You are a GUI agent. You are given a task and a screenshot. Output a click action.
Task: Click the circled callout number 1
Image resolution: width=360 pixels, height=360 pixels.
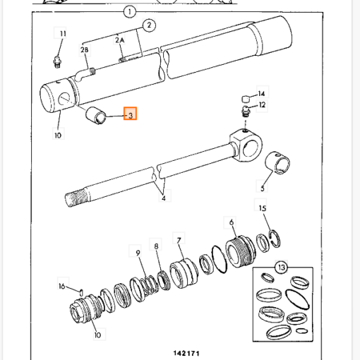(130, 12)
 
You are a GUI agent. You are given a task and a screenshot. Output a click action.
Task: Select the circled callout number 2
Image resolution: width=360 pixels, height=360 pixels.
(149, 25)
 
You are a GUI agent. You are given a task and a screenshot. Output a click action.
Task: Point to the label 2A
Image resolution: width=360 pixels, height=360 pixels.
(120, 40)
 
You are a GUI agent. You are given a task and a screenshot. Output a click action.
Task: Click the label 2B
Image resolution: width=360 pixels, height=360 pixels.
(85, 50)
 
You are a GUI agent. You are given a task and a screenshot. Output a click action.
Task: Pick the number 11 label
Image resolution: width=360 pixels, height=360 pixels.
(63, 34)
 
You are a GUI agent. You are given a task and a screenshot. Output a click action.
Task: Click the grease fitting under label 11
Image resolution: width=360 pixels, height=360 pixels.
(56, 61)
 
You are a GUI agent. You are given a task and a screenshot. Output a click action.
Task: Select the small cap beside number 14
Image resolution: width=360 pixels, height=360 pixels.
(246, 99)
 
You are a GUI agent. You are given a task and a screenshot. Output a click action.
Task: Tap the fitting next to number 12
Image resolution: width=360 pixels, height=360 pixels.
(246, 112)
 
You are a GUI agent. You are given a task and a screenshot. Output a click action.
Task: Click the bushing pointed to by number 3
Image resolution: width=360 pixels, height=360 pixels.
(95, 116)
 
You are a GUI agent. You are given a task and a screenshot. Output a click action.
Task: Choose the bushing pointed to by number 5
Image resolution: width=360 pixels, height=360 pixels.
(277, 163)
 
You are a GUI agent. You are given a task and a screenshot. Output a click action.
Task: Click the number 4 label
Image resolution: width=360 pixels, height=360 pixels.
(164, 198)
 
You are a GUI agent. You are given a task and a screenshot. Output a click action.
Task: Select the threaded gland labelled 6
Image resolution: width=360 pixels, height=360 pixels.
(241, 251)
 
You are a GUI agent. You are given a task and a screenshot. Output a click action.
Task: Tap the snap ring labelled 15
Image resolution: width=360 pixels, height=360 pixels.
(275, 239)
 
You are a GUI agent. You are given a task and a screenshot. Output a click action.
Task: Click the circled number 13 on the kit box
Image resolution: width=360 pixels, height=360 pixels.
(282, 268)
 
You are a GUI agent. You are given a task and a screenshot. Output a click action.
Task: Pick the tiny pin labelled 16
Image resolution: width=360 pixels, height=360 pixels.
(81, 293)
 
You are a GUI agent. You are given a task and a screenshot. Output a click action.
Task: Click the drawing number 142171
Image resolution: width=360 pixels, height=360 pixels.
(186, 353)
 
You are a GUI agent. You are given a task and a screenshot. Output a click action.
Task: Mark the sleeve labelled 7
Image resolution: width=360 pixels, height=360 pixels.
(184, 273)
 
